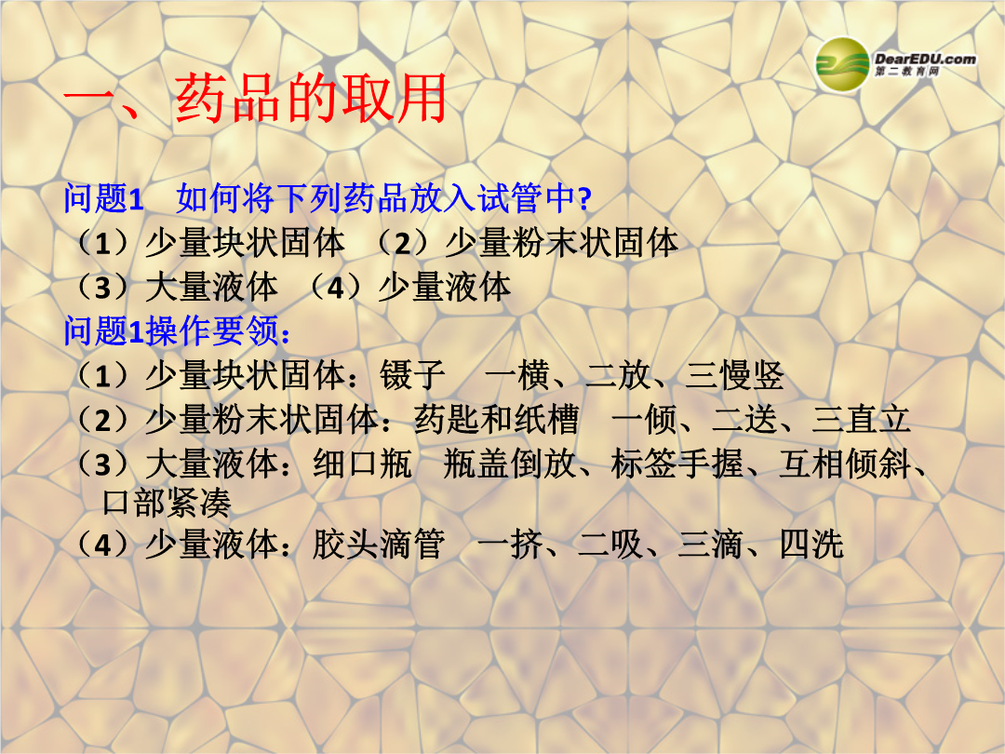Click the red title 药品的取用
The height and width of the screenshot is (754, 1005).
tap(311, 98)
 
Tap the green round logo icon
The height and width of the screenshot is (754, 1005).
tap(842, 64)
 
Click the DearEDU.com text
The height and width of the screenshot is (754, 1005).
tap(925, 59)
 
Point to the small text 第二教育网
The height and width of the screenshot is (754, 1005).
tap(907, 71)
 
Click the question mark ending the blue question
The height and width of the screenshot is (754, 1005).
tap(583, 199)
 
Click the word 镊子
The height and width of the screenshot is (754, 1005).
tap(412, 375)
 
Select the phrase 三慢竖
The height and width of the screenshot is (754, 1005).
tap(734, 375)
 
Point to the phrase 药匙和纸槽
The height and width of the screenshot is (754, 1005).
tap(496, 419)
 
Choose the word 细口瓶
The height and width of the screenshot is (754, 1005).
tap(362, 464)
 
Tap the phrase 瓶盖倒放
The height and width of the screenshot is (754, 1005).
tap(510, 464)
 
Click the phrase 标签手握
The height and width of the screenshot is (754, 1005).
tap(677, 464)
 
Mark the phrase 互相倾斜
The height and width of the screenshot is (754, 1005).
tap(845, 464)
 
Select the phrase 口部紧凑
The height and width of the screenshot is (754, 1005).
tap(167, 504)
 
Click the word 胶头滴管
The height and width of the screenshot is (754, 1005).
tap(378, 545)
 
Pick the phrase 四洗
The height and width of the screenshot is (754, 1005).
tap(811, 545)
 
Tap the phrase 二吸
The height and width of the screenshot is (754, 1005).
tap(610, 545)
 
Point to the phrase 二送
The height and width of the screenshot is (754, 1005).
tap(744, 419)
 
